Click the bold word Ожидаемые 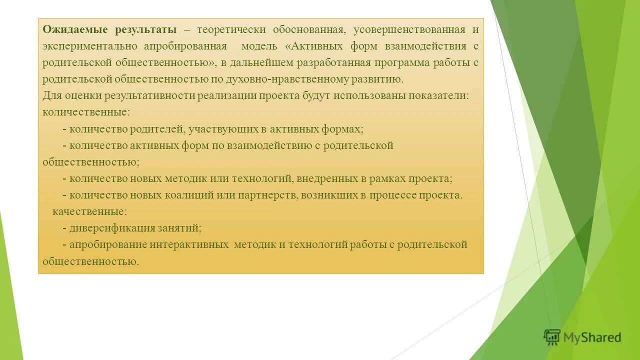pos(69,29)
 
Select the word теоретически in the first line pos(230,29)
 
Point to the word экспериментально pos(90,46)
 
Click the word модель pos(259,46)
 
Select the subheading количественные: pos(86,112)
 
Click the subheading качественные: pos(89,211)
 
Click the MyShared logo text pos(592,338)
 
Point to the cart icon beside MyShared pos(552,337)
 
